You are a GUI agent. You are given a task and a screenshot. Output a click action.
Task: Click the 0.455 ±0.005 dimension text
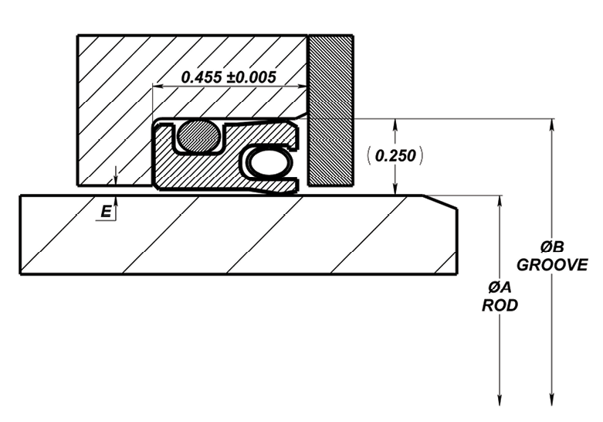coord(229,77)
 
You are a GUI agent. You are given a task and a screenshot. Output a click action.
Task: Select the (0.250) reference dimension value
coord(395,155)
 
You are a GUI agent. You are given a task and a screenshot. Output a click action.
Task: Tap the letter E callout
coord(106,212)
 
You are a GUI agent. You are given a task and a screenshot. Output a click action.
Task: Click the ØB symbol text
coord(551,247)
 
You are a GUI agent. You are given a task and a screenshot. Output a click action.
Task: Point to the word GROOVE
coord(552,265)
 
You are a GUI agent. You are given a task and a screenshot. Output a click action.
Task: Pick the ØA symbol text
coord(500,288)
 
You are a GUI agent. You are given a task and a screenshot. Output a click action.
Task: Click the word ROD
coord(500,305)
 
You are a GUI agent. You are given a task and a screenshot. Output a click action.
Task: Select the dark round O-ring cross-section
coord(198,135)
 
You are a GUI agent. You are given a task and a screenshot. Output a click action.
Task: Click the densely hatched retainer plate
coord(330,111)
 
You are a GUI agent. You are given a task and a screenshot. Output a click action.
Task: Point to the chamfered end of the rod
coord(440,202)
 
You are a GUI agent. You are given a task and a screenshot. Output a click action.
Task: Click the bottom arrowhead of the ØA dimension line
coord(500,400)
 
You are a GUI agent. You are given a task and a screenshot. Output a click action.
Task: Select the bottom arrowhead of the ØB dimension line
coord(552,400)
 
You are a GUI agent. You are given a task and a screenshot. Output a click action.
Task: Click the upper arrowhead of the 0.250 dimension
coord(395,125)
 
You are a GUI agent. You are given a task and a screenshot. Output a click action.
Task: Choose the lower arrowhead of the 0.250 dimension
coord(395,189)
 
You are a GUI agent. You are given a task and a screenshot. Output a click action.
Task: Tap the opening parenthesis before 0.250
coord(369,155)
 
